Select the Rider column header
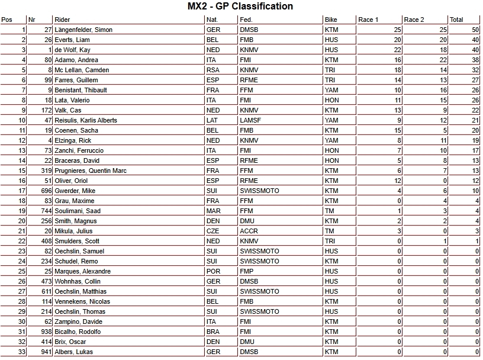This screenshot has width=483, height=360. [62, 20]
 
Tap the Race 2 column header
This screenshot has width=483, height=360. [414, 20]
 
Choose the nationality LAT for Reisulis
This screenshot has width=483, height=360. [212, 120]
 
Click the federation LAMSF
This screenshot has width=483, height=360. [250, 120]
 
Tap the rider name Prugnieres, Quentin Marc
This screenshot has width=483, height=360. [92, 171]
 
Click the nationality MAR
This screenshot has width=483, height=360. [213, 211]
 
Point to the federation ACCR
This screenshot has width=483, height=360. [249, 231]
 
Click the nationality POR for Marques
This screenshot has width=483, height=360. [213, 271]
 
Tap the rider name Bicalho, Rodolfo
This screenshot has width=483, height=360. [77, 332]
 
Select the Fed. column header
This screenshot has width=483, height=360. [246, 20]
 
